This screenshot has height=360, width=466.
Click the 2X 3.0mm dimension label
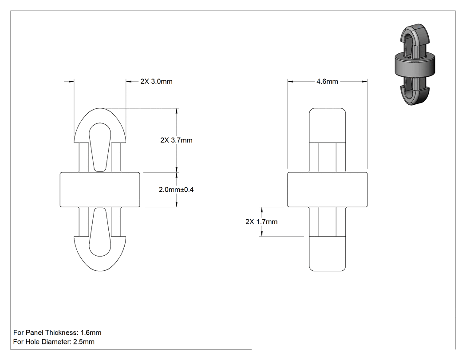[156, 81]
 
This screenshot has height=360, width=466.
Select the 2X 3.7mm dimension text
[177, 140]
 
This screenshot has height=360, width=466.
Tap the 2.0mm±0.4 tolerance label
[176, 190]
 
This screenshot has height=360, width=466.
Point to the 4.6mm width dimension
[327, 81]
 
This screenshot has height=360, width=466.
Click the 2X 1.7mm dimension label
[261, 222]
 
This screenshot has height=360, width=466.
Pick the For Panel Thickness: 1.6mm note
[57, 332]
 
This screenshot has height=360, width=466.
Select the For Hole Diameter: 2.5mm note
[54, 341]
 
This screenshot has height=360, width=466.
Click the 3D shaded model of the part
[415, 65]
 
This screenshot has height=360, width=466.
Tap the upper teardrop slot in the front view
[100, 147]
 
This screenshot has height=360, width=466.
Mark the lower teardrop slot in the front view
[100, 232]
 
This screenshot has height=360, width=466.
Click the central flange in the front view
[100, 190]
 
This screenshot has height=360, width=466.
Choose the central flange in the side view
[327, 190]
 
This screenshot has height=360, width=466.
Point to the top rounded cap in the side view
[327, 126]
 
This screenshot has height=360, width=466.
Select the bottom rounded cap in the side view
[327, 254]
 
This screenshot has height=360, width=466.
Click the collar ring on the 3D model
[415, 65]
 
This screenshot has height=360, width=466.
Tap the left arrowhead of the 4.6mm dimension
[290, 81]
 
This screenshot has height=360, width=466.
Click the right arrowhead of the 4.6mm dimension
[364, 81]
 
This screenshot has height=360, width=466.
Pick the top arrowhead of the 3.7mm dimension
[177, 111]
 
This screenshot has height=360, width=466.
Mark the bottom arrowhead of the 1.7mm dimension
[261, 233]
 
